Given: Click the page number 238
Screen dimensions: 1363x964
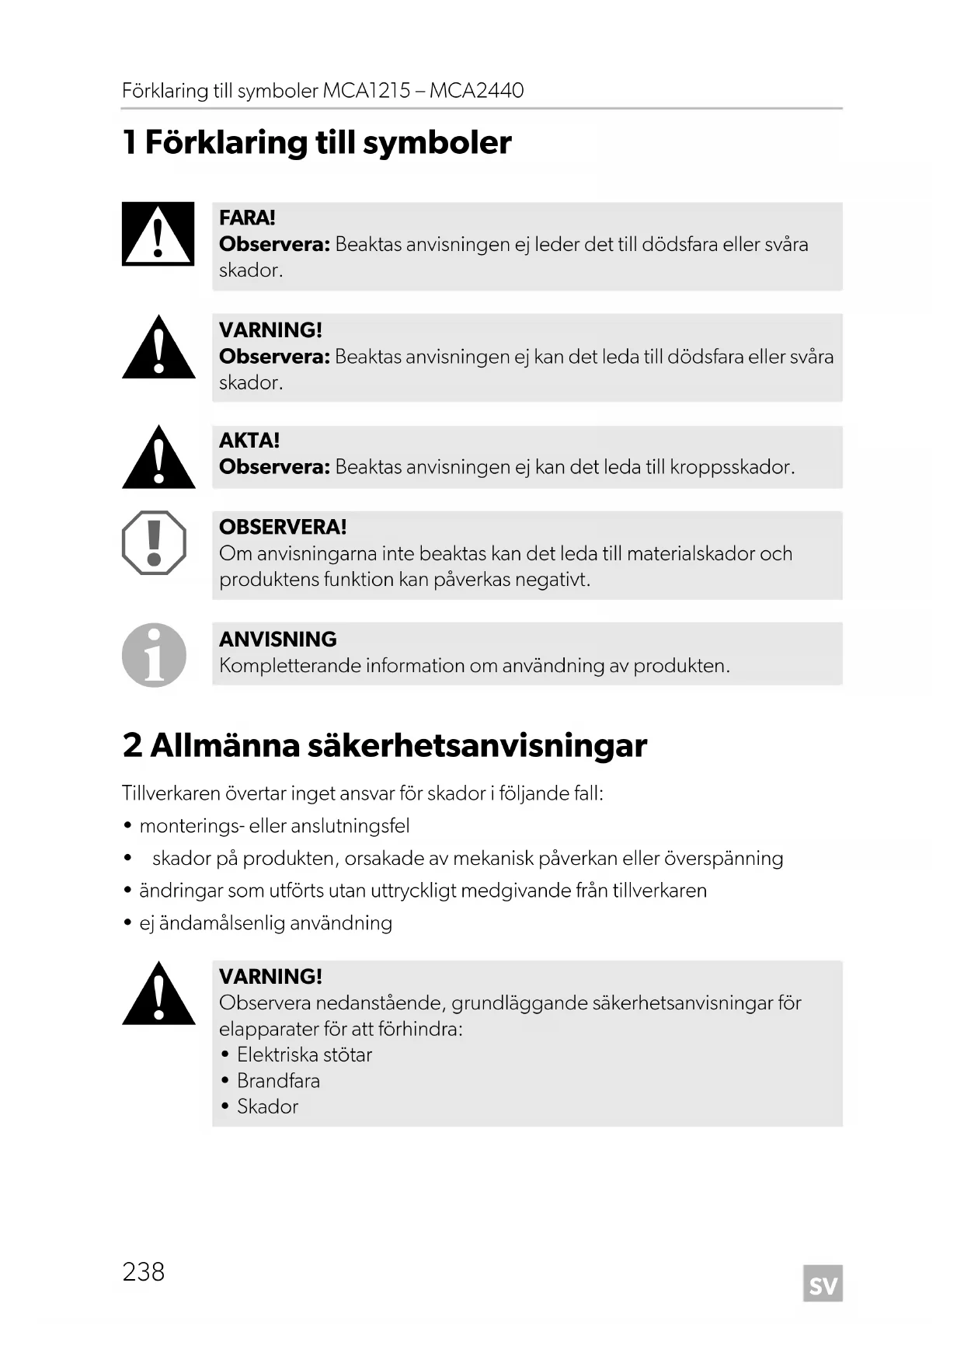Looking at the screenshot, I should point(144,1271).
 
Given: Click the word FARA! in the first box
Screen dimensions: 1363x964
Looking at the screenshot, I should point(247,218).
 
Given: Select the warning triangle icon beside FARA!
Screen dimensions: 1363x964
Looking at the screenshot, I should point(158,234).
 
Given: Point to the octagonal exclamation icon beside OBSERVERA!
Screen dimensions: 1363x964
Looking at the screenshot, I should point(155,542).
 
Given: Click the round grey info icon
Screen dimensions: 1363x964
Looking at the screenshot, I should point(155,655).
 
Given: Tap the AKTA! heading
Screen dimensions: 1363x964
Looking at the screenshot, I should point(249,441).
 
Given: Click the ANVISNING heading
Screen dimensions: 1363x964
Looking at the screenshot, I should point(278,640).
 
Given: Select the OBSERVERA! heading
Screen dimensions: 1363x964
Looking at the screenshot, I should point(283,527).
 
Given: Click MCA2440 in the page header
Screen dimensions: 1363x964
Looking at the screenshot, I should point(476,91).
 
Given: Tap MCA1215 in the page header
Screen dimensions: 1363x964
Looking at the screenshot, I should point(367,91).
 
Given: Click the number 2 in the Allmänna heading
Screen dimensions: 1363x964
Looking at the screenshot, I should point(132,745).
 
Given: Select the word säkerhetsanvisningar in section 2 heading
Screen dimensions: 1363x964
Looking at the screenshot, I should point(477,745).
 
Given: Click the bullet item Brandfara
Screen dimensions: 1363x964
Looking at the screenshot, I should point(278,1081).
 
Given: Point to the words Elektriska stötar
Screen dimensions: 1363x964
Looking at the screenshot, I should point(305,1055).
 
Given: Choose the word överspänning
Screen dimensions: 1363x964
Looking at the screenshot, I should point(723,859).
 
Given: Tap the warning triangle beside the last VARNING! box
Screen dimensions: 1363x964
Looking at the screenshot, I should point(158,995).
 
